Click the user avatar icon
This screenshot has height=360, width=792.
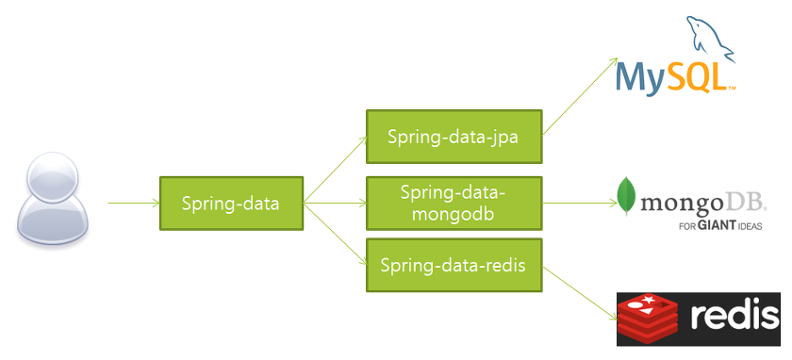(53, 199)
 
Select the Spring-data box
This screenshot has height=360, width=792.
(231, 204)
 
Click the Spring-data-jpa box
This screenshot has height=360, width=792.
(454, 137)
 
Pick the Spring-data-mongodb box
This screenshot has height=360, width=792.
(454, 204)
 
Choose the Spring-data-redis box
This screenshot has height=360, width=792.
(454, 265)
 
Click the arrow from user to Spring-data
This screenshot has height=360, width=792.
(134, 204)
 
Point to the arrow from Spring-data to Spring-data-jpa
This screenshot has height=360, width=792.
(335, 170)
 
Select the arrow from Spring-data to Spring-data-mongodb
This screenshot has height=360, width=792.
(335, 204)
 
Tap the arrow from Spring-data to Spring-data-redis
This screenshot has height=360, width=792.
(335, 234)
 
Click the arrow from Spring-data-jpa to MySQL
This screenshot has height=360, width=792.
(580, 96)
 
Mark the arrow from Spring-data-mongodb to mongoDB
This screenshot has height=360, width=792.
(580, 204)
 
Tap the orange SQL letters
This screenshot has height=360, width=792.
(696, 77)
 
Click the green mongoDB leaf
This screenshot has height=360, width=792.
(626, 196)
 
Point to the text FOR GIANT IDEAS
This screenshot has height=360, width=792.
(720, 225)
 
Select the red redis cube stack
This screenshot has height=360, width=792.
(649, 319)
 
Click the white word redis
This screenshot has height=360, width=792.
(734, 316)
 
